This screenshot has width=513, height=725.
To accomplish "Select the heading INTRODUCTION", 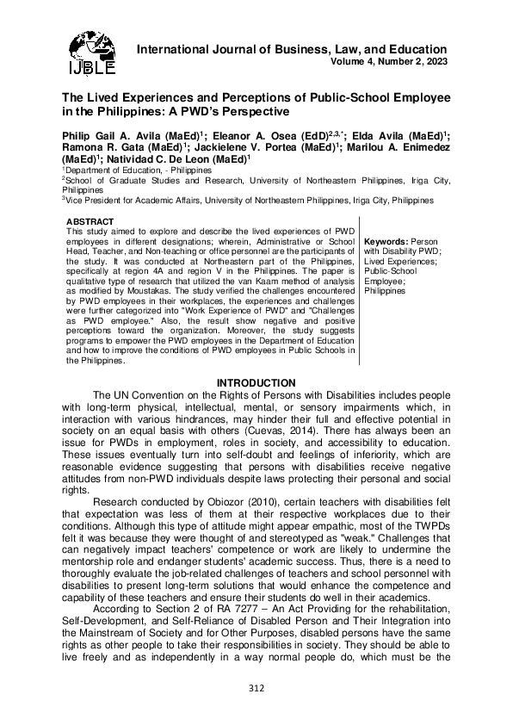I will [256, 383].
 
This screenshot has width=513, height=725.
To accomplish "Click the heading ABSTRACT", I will [90, 222].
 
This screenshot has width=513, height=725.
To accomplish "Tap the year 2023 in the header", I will [434, 62].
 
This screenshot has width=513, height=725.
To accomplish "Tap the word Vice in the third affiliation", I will [76, 199].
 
